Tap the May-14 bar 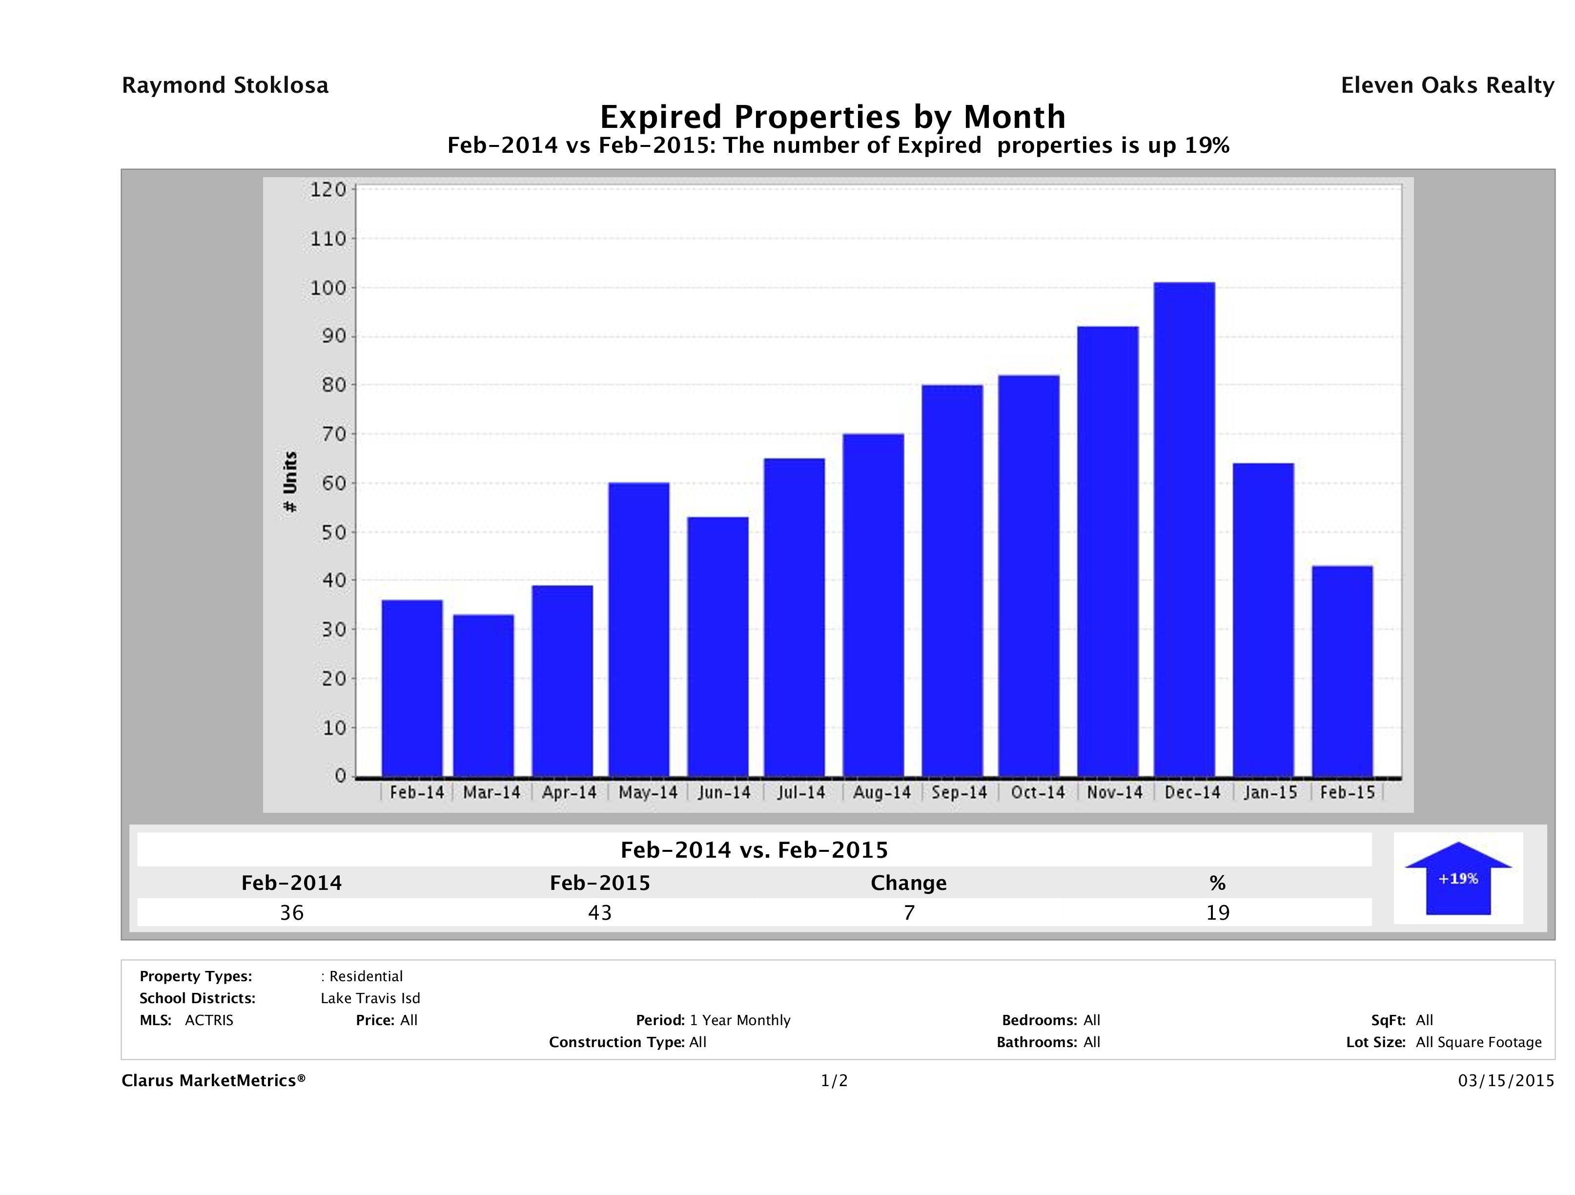point(639,630)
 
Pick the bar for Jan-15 point(1263,619)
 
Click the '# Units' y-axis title point(290,482)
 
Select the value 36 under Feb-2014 point(292,913)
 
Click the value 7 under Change point(909,913)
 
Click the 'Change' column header point(909,883)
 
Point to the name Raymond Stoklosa point(225,85)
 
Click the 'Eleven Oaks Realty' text point(1447,85)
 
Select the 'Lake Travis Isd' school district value point(370,998)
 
